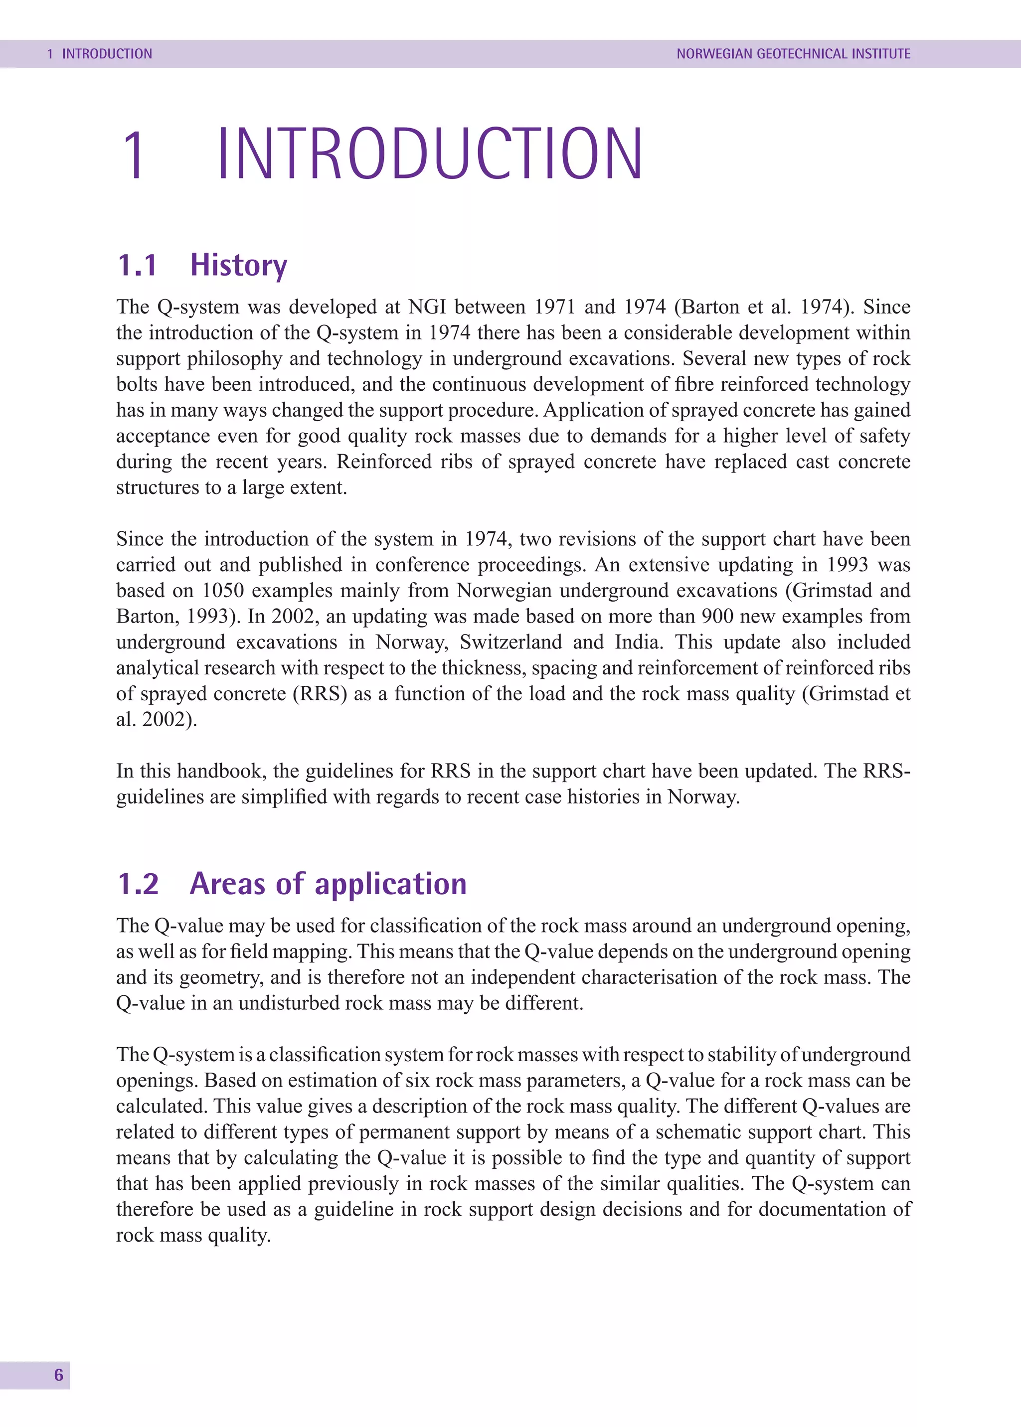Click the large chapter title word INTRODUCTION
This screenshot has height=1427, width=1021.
tap(430, 154)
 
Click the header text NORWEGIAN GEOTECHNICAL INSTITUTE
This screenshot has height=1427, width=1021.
tap(793, 54)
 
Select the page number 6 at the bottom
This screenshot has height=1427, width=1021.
tap(58, 1375)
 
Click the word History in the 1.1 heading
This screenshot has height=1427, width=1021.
tap(238, 265)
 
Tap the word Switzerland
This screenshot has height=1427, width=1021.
tap(510, 642)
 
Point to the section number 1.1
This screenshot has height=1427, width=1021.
tap(137, 265)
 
